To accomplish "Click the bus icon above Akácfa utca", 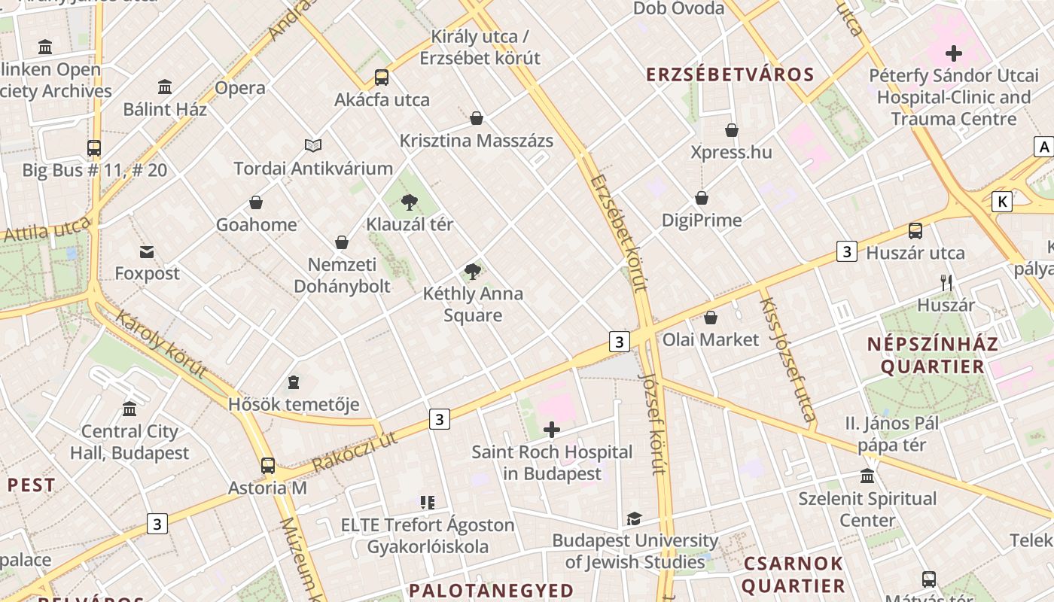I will pyautogui.click(x=382, y=78).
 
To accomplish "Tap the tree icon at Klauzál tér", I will pyautogui.click(x=410, y=202).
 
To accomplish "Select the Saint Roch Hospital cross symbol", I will pyautogui.click(x=552, y=430).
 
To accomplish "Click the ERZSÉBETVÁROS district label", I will pyautogui.click(x=730, y=74).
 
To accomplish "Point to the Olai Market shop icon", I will pyautogui.click(x=710, y=318).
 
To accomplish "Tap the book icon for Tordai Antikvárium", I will pyautogui.click(x=313, y=145).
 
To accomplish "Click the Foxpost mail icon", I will pyautogui.click(x=147, y=251).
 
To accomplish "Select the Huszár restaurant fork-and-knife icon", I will pyautogui.click(x=946, y=283).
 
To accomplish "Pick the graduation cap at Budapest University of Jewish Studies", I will pyautogui.click(x=634, y=518).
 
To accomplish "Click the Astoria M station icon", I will pyautogui.click(x=268, y=465).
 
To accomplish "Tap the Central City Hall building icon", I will pyautogui.click(x=129, y=409).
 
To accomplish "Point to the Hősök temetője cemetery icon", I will pyautogui.click(x=294, y=382).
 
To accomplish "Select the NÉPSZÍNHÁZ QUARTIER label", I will pyautogui.click(x=933, y=356).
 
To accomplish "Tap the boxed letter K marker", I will pyautogui.click(x=1001, y=202).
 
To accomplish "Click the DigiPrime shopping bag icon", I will pyautogui.click(x=702, y=198).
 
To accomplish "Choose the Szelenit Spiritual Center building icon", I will pyautogui.click(x=867, y=476).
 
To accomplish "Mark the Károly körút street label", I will pyautogui.click(x=160, y=343).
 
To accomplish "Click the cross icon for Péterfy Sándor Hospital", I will pyautogui.click(x=954, y=53).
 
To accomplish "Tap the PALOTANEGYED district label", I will pyautogui.click(x=491, y=590).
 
